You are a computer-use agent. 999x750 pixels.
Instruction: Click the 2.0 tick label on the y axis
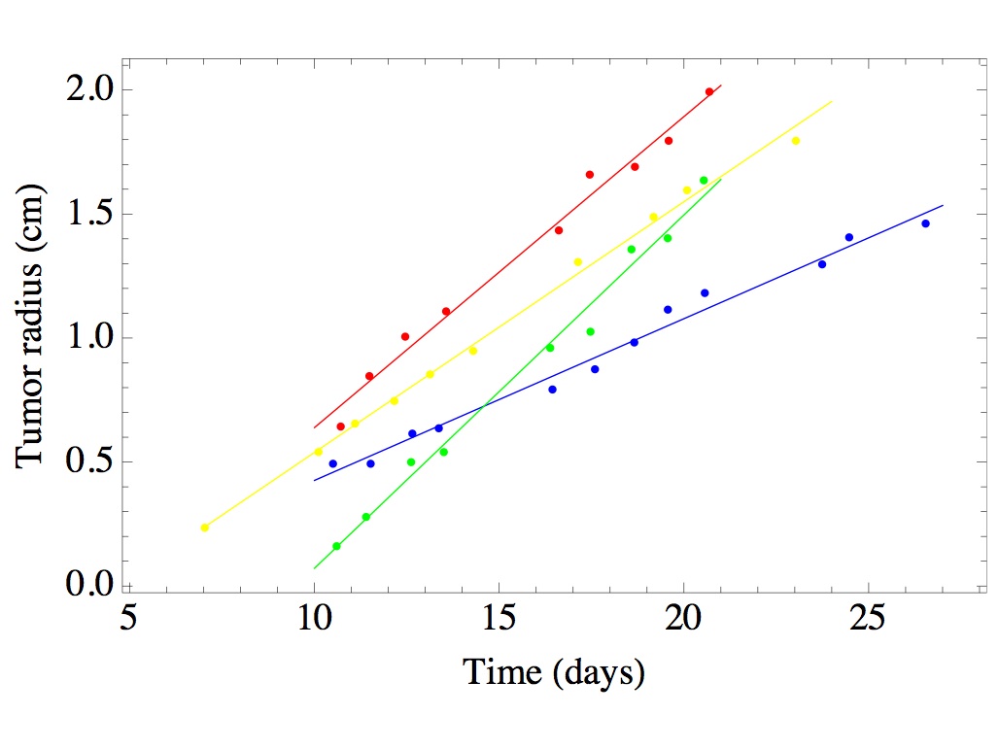pos(90,89)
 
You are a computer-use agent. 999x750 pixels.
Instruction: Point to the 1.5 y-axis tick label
pos(90,214)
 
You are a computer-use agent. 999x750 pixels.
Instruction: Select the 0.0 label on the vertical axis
pos(90,584)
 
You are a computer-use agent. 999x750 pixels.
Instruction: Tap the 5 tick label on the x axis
pos(129,617)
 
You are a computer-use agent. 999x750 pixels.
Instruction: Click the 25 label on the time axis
pos(867,617)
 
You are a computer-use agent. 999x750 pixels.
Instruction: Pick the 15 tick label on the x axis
pos(499,617)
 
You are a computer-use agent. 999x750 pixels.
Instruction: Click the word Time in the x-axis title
pos(502,671)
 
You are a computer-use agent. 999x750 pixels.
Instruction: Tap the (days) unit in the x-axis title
pos(599,673)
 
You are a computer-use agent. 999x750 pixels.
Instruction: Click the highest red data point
pos(709,91)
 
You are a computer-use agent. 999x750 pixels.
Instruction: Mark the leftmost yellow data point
pos(204,528)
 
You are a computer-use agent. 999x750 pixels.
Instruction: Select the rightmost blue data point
pos(925,223)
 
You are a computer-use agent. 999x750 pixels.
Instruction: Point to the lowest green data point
pos(336,546)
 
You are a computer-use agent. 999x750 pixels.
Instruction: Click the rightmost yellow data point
pos(795,141)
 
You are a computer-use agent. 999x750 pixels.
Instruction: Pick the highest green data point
pos(704,180)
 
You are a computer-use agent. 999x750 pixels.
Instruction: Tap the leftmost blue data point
pos(332,463)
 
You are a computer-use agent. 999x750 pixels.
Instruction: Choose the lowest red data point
pos(340,426)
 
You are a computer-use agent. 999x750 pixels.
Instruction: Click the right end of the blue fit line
pos(943,205)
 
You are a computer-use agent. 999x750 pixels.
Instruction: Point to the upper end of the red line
pos(720,85)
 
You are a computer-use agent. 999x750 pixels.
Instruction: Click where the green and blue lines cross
pos(483,405)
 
